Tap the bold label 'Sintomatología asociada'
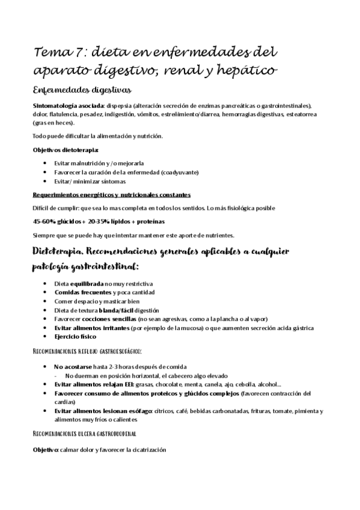point(69,105)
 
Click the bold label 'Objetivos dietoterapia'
point(66,149)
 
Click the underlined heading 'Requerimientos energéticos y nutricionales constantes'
point(112,194)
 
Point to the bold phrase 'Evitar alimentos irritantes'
point(94,327)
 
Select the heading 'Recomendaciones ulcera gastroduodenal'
point(84,433)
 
